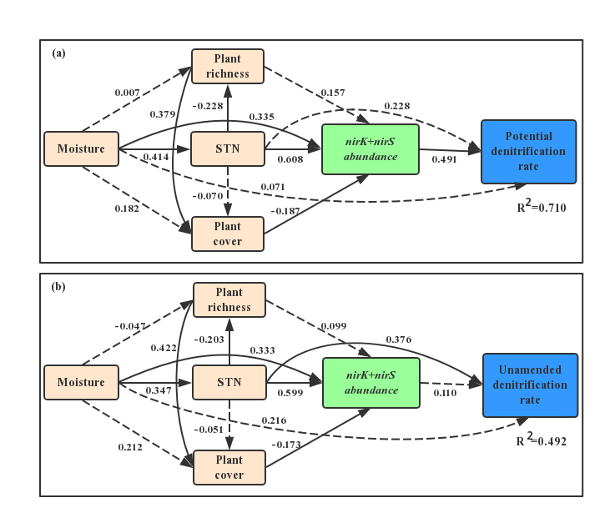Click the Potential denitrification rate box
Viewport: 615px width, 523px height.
(x=528, y=152)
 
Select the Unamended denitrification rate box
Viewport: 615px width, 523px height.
(x=530, y=385)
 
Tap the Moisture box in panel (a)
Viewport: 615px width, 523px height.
(x=81, y=149)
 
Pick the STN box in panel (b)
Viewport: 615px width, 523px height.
(x=229, y=383)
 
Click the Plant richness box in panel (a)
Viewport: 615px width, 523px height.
(x=227, y=66)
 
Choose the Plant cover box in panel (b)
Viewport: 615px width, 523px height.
(x=229, y=467)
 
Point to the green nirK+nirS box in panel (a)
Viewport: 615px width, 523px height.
(x=371, y=149)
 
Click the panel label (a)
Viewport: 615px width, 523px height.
(x=58, y=53)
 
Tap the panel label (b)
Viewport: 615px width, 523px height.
(x=58, y=287)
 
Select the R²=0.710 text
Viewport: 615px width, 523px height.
(x=542, y=207)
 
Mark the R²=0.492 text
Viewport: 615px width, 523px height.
(x=542, y=440)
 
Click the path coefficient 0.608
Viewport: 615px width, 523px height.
(x=290, y=159)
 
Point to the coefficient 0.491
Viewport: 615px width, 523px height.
(x=444, y=159)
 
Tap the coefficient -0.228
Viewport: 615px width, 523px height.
(x=207, y=106)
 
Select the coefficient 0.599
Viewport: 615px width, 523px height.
(x=290, y=393)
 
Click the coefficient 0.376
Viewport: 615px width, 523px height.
(x=398, y=339)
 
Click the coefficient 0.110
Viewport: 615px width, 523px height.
(x=445, y=393)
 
